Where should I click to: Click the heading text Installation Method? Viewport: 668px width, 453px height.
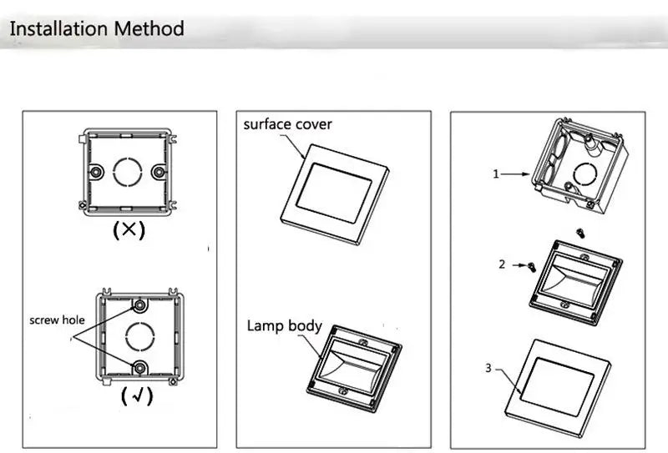pyautogui.click(x=96, y=28)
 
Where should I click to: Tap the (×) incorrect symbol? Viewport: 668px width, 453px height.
pyautogui.click(x=129, y=230)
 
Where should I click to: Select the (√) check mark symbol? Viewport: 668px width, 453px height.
pyautogui.click(x=137, y=395)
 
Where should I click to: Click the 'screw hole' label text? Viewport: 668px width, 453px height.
pyautogui.click(x=57, y=320)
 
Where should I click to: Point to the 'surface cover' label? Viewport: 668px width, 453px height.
pyautogui.click(x=287, y=124)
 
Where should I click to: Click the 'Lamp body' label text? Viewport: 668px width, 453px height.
pyautogui.click(x=284, y=325)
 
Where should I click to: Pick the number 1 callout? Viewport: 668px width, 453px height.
pyautogui.click(x=495, y=174)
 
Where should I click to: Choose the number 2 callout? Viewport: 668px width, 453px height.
pyautogui.click(x=502, y=264)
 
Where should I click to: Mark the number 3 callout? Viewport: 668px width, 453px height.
pyautogui.click(x=488, y=367)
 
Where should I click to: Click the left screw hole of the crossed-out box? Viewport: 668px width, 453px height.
pyautogui.click(x=97, y=172)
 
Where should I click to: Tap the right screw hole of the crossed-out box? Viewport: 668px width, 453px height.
pyautogui.click(x=158, y=172)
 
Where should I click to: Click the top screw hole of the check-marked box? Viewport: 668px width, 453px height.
pyautogui.click(x=139, y=305)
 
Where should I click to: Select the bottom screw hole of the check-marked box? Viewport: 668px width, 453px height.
pyautogui.click(x=139, y=367)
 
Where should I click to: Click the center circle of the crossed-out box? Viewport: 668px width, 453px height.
pyautogui.click(x=128, y=172)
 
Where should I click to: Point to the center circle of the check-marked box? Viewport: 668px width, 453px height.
pyautogui.click(x=139, y=336)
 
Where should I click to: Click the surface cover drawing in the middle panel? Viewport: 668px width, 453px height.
pyautogui.click(x=334, y=191)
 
